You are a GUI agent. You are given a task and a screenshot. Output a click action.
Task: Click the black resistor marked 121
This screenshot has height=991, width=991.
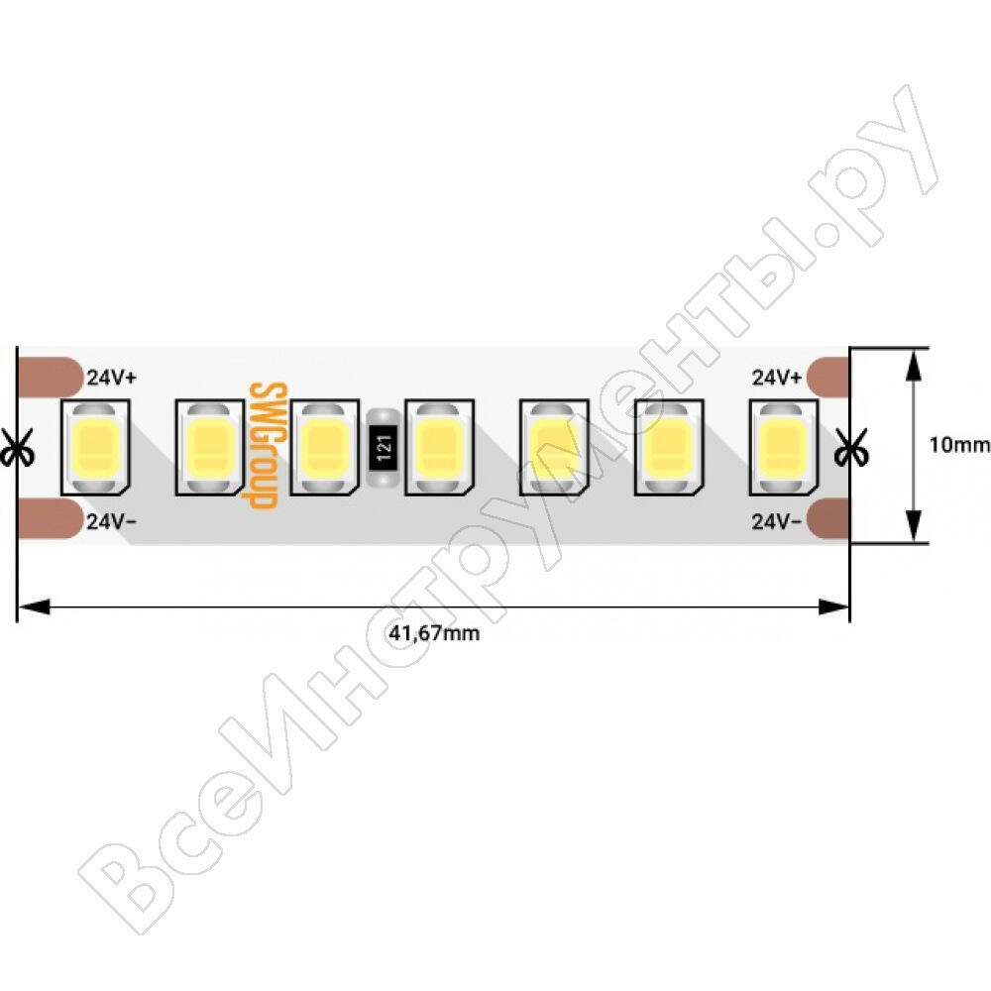coord(383,448)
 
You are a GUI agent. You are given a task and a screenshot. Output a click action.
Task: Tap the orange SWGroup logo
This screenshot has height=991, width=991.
coord(264,445)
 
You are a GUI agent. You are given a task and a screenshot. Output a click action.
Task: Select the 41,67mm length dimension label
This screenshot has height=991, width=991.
coord(434,632)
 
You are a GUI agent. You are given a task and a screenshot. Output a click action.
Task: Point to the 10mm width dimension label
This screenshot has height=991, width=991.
coord(958,445)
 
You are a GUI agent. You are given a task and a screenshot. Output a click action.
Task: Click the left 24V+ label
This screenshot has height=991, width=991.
coord(112,378)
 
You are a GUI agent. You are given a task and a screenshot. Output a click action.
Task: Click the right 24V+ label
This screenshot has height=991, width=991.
coord(777,378)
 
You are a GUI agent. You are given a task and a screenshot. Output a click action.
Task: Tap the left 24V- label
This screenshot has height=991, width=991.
coord(112,521)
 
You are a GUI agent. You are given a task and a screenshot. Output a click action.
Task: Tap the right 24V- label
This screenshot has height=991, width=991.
coord(777,521)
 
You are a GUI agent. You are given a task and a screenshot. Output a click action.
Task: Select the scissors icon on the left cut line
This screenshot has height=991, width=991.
coord(15,448)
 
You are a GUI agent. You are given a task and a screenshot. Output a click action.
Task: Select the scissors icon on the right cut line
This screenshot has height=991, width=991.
coord(850,448)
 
